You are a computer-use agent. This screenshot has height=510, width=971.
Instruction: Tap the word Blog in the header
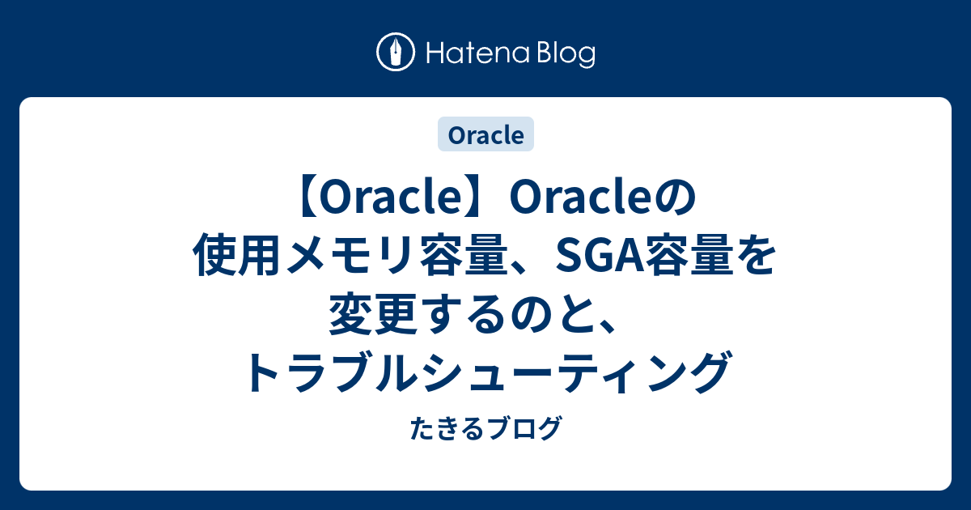[x=564, y=54]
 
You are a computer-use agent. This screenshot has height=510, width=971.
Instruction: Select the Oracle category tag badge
[x=485, y=134]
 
